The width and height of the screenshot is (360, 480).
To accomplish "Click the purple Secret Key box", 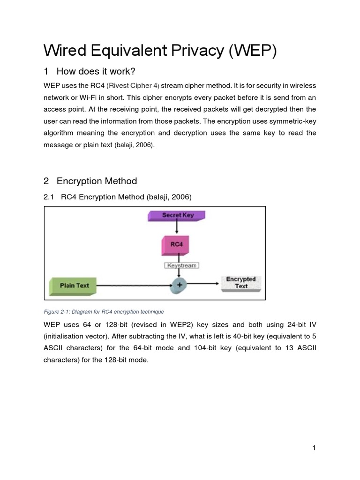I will [177, 216].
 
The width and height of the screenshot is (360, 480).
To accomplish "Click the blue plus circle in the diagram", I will [179, 285].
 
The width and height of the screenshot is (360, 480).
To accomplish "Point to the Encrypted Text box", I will [241, 283].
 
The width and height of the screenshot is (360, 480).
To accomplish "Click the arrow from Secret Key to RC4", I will [177, 229].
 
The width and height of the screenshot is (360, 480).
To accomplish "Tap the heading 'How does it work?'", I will [96, 71].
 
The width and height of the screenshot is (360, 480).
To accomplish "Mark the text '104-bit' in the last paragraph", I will [204, 348].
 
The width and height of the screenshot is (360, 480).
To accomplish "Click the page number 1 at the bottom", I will [314, 448].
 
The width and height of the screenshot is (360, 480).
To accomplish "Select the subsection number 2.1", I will [49, 197].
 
